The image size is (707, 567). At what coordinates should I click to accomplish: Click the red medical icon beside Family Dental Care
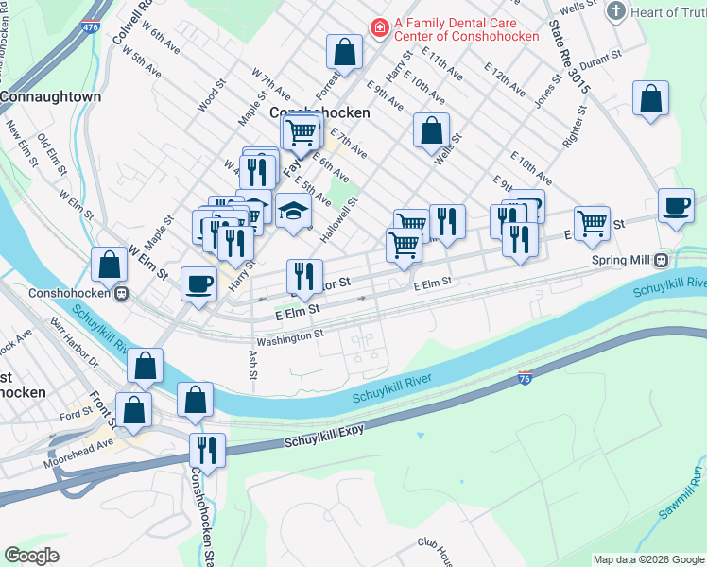pyautogui.click(x=380, y=29)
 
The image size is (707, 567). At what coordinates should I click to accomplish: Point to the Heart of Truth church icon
pyautogui.click(x=616, y=11)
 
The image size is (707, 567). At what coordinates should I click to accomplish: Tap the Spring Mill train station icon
pyautogui.click(x=662, y=260)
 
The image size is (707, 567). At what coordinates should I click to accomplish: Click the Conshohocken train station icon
pyautogui.click(x=122, y=293)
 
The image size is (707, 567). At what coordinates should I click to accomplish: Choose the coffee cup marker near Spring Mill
pyautogui.click(x=676, y=207)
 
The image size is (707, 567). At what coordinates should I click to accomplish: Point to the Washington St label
pyautogui.click(x=289, y=335)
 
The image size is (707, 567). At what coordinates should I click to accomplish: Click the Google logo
pyautogui.click(x=32, y=556)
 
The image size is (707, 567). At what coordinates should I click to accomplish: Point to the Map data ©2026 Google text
pyautogui.click(x=647, y=559)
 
